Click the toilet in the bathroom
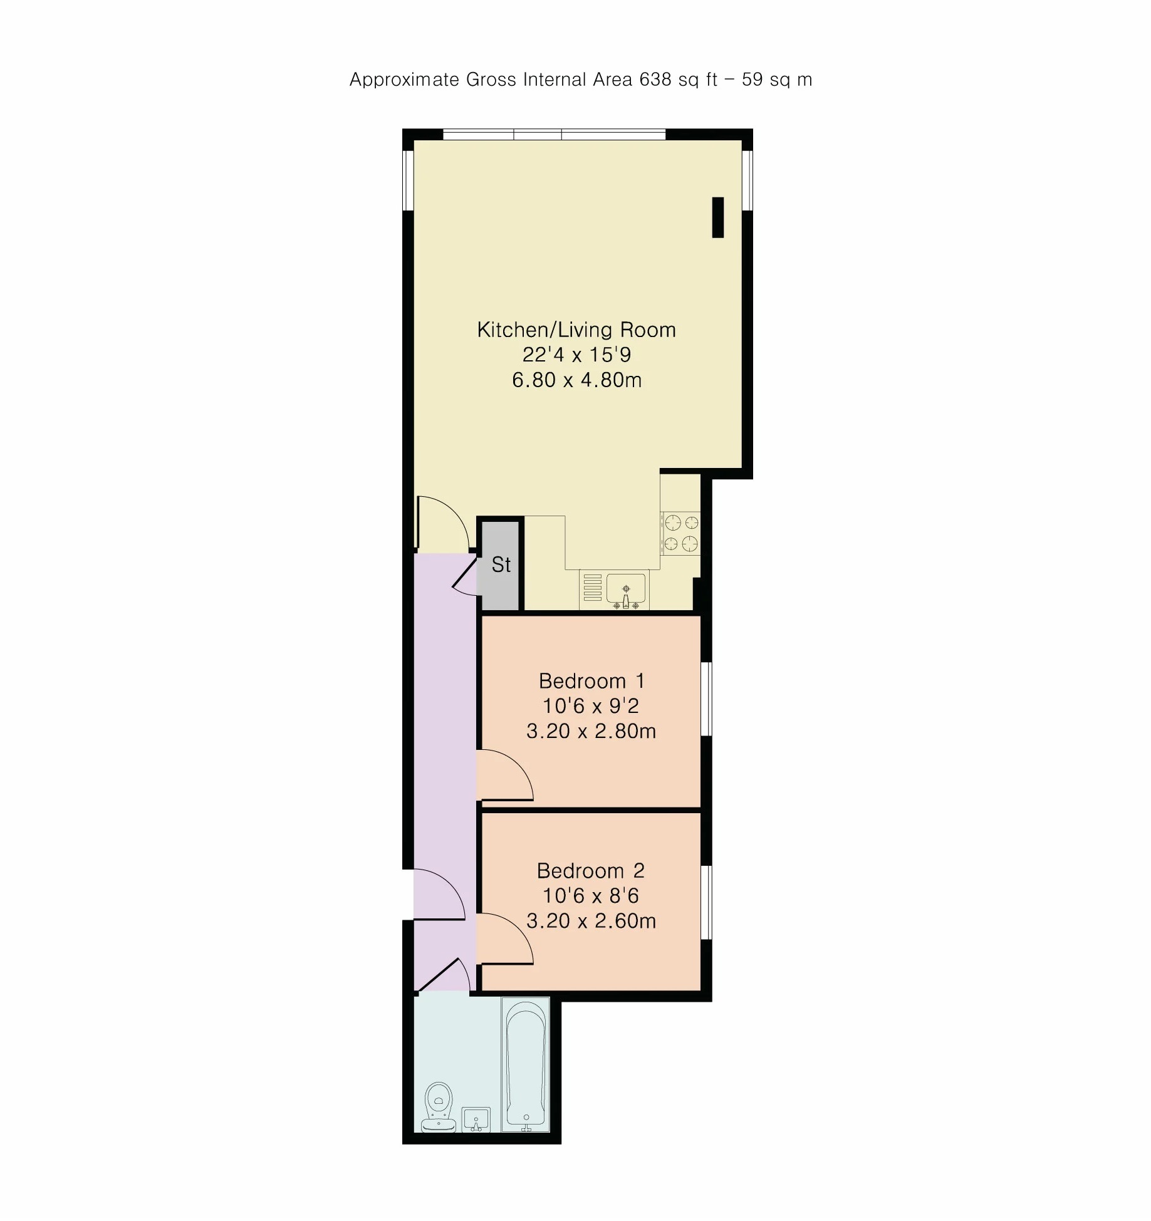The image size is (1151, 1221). (x=439, y=1108)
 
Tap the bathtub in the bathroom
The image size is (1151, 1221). (x=526, y=1065)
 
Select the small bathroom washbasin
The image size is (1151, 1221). (x=476, y=1120)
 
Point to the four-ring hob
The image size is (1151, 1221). (x=681, y=533)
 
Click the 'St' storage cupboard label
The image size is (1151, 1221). (x=501, y=564)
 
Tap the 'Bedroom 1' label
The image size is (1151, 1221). (x=591, y=681)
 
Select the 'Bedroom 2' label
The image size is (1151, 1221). (x=591, y=871)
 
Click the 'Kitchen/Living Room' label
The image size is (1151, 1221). (x=576, y=330)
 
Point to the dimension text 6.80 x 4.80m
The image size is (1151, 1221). (x=577, y=380)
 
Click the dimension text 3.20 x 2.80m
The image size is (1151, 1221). (x=591, y=731)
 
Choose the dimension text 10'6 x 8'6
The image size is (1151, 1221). (x=591, y=896)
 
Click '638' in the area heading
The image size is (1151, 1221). (x=655, y=80)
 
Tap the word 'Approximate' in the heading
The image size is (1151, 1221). (x=405, y=80)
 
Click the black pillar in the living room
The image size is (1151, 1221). (x=718, y=217)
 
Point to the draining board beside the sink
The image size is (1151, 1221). (x=593, y=588)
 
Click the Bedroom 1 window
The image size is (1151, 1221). (x=706, y=699)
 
